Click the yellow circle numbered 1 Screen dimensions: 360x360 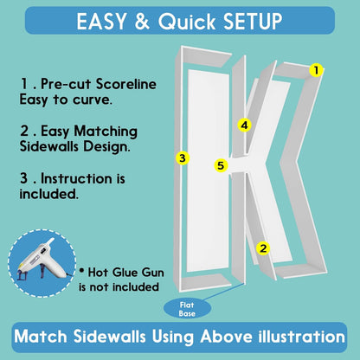(316, 70)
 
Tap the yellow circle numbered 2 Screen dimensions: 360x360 (263, 248)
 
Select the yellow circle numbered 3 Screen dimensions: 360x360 (183, 157)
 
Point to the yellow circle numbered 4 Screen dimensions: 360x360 (245, 125)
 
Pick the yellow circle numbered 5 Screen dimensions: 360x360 (221, 165)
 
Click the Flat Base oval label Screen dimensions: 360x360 (187, 309)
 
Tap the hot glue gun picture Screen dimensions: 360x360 (42, 263)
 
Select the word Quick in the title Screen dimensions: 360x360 (187, 22)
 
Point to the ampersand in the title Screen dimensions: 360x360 (142, 22)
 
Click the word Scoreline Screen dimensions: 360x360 (126, 84)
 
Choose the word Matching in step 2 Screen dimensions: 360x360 (106, 132)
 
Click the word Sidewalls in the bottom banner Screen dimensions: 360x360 (110, 337)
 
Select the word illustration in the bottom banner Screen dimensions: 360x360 (301, 337)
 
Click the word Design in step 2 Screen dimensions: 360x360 (106, 147)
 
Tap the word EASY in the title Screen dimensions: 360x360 (101, 22)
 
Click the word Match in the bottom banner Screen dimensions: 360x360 (41, 337)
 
